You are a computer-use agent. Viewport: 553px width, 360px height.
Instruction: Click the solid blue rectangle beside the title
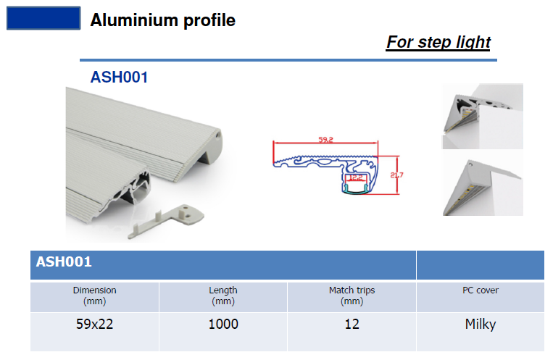click(43, 18)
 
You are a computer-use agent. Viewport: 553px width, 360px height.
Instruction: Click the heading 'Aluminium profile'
click(162, 20)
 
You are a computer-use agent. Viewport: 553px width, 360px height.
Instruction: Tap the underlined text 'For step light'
click(438, 42)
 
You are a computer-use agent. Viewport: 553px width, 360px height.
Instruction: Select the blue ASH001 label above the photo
click(119, 78)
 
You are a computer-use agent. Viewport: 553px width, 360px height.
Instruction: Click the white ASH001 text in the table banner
click(64, 261)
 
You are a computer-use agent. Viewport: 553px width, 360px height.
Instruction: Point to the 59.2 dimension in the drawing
click(325, 140)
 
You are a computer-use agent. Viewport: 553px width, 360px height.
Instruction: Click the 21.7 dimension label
click(396, 175)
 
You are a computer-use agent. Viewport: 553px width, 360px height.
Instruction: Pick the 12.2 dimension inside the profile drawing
click(356, 177)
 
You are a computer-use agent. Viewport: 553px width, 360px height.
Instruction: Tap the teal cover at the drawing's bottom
click(356, 189)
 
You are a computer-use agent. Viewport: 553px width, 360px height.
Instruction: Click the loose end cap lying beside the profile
click(167, 221)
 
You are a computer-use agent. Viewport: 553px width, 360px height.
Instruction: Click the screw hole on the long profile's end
click(218, 135)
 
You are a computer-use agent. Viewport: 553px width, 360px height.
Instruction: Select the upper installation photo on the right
click(483, 117)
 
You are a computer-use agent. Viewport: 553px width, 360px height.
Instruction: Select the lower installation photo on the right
click(483, 187)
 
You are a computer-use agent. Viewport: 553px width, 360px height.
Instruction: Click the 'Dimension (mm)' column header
click(94, 296)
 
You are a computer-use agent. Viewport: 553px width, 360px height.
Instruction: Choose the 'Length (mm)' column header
click(223, 296)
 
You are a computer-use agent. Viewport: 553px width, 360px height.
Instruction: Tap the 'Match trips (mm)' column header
click(352, 296)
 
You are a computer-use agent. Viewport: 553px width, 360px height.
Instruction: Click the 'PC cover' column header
click(481, 290)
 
